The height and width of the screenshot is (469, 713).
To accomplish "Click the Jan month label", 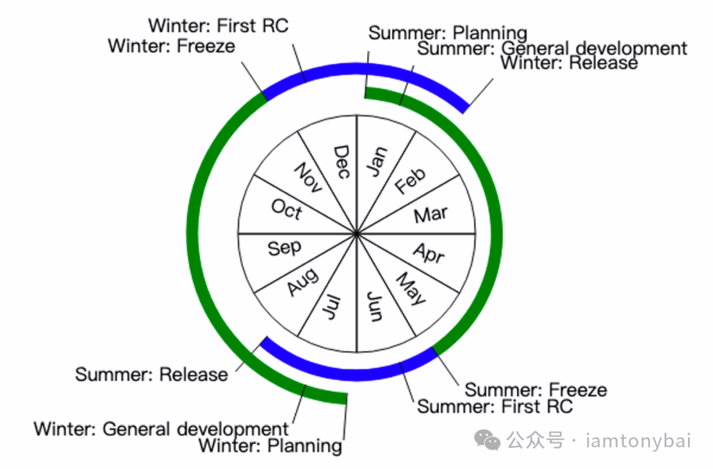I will point(378,161).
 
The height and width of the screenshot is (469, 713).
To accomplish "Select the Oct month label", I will point(287,209).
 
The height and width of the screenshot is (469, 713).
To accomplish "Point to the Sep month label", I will point(285,248).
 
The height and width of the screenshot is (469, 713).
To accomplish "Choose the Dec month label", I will point(341,162).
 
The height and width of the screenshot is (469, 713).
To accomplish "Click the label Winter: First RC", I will point(219,26).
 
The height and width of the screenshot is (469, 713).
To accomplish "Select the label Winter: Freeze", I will point(172,46).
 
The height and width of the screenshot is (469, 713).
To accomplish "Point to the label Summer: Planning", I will point(448,33).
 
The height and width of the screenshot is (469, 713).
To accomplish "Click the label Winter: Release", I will point(569,63).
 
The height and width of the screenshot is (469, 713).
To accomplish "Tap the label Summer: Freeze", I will point(536,390).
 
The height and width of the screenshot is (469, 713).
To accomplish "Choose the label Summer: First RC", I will point(495,406).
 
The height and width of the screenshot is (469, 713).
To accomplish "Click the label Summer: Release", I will point(151,375).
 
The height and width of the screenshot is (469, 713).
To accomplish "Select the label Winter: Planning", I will point(270,446).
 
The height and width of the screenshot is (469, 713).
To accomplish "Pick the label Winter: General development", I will point(162,429).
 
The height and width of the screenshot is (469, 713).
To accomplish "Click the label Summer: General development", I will point(553,48).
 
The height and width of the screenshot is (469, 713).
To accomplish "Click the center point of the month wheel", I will point(356,234).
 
